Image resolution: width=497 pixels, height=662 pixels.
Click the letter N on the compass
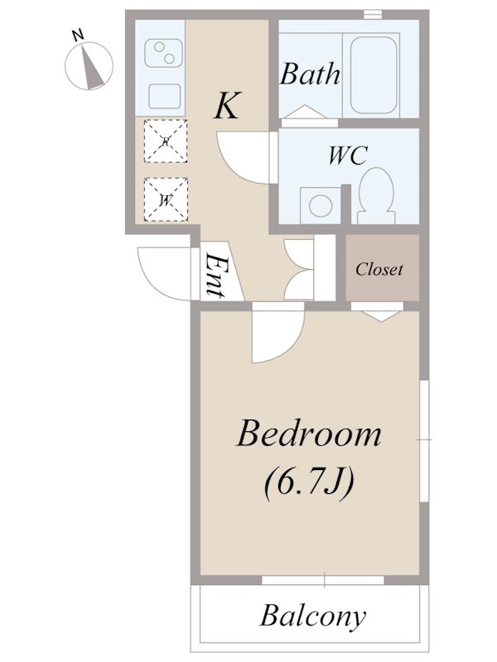[x=78, y=36]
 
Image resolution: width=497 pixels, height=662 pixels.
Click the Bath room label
[x=310, y=74]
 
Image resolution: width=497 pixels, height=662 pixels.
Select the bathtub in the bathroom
[x=374, y=74]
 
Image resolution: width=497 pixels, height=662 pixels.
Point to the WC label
[x=348, y=156]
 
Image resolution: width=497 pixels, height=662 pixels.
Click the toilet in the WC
[x=376, y=195]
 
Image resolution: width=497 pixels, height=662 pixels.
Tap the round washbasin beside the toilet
[x=320, y=205]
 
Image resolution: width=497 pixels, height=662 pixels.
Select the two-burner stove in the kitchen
[x=164, y=53]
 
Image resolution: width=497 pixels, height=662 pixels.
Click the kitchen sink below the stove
[x=164, y=96]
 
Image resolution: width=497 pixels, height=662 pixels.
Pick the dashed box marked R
[x=165, y=141]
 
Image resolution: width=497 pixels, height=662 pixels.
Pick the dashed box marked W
[x=165, y=199]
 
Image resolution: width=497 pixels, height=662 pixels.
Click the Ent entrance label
[x=215, y=276]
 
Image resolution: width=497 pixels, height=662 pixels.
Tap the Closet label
[x=379, y=269]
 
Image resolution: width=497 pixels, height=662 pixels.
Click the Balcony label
[x=313, y=616]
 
